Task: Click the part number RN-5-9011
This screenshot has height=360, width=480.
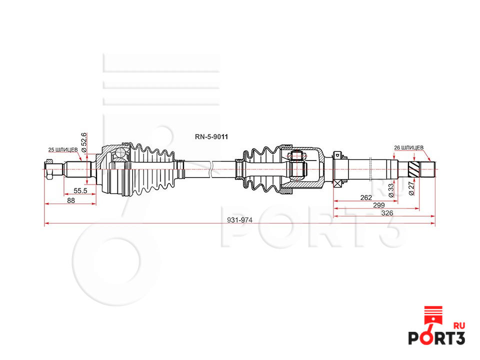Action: tap(211, 137)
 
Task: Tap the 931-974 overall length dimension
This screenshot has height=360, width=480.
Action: tap(239, 220)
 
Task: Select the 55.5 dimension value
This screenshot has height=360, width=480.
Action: tap(80, 190)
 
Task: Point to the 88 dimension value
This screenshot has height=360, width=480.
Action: tap(70, 200)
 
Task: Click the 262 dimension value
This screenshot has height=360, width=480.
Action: tap(366, 198)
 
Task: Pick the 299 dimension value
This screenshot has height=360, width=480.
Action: tap(378, 205)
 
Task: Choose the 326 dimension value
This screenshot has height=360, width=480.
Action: tap(387, 213)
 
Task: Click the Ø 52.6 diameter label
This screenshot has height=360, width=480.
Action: tap(84, 142)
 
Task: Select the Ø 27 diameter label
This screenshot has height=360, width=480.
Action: tap(411, 188)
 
